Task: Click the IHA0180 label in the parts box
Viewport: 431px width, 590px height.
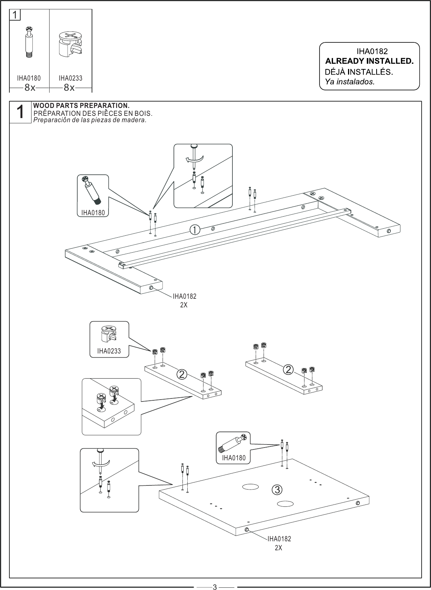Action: (29, 78)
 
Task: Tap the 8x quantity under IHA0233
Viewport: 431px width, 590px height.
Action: (69, 88)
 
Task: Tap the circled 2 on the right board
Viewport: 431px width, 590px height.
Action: (288, 370)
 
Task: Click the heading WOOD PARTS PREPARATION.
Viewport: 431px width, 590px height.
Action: (81, 105)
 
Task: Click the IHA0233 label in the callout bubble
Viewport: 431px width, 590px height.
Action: (109, 351)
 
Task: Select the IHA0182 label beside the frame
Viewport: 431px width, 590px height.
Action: (184, 296)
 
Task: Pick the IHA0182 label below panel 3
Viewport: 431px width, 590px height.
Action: (279, 539)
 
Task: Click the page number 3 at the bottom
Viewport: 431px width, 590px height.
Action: (215, 587)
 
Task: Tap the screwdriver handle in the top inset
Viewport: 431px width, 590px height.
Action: (194, 146)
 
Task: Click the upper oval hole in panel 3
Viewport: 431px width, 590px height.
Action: (250, 487)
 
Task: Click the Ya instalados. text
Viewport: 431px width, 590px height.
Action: (350, 82)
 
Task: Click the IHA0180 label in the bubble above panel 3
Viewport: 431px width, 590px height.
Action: (234, 458)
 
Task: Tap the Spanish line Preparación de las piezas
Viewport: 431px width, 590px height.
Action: (90, 120)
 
